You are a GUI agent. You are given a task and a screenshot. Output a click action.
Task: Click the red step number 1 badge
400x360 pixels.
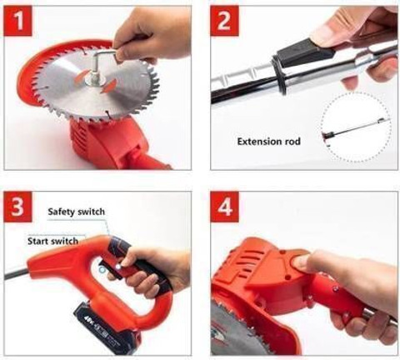18,21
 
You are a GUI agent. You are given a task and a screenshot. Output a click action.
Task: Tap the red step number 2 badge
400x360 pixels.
224,21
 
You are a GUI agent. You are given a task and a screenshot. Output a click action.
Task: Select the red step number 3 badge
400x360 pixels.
18,207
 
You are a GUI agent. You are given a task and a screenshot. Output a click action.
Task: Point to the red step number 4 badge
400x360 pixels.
224,207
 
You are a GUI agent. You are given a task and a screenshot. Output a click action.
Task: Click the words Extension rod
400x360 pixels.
268,142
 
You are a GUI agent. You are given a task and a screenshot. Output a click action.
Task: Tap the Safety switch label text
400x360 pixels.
77,212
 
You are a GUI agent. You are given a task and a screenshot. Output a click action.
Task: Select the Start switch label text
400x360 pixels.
52,241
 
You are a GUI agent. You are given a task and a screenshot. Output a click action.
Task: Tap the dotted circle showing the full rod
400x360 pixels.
356,127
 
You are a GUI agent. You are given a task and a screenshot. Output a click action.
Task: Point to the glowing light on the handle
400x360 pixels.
118,267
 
